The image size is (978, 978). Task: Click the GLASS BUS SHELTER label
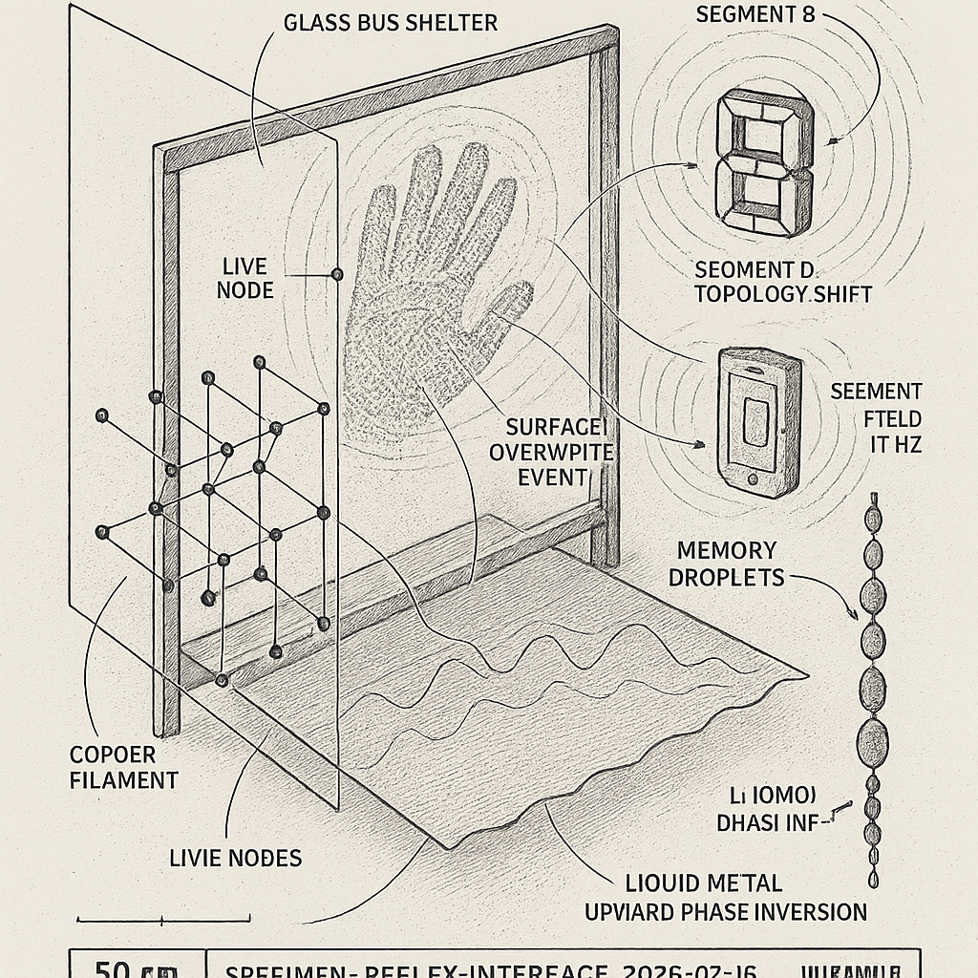(x=391, y=21)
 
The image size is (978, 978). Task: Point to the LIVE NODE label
(x=244, y=276)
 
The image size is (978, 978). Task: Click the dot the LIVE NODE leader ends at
(x=336, y=274)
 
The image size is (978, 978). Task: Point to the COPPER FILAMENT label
(x=124, y=767)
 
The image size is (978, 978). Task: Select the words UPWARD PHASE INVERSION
(x=726, y=910)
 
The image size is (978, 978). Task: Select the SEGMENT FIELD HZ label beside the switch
(x=876, y=416)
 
